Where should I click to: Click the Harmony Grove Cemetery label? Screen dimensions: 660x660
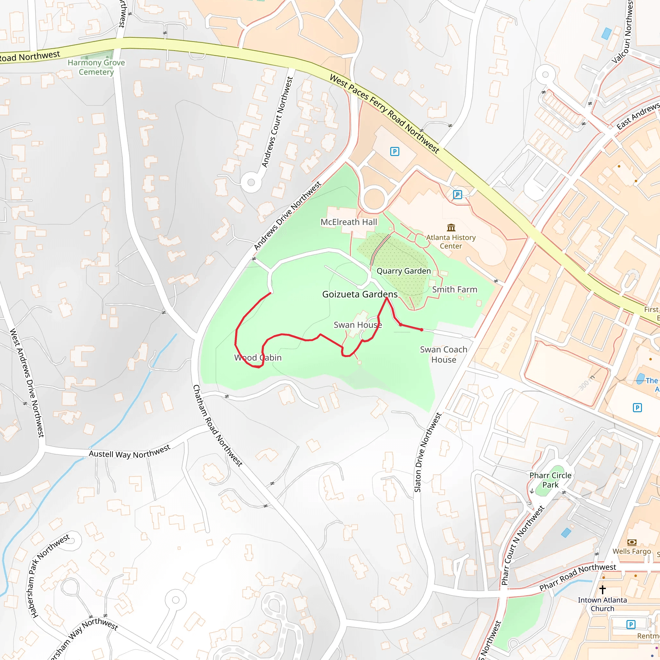(x=96, y=67)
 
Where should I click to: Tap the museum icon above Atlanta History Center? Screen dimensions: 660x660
(x=451, y=227)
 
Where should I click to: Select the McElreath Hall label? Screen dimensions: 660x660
(x=348, y=222)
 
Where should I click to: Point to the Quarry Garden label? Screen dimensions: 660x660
(x=403, y=271)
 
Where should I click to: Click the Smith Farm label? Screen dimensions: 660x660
(x=454, y=289)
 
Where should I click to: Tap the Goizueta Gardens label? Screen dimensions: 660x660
(x=360, y=294)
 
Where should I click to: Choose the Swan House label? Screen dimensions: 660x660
(x=358, y=325)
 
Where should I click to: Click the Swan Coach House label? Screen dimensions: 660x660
(x=443, y=354)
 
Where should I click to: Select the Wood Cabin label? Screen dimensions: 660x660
(x=258, y=358)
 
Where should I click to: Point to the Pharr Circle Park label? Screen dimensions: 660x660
(x=550, y=480)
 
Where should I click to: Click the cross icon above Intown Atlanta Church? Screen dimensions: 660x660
(x=602, y=589)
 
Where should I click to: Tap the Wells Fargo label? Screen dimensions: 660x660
(x=632, y=551)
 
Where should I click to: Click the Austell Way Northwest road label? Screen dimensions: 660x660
(x=130, y=452)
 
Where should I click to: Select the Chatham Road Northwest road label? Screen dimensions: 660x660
(x=218, y=426)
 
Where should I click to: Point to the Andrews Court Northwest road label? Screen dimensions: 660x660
(x=277, y=122)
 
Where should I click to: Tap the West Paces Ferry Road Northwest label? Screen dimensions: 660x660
(x=384, y=113)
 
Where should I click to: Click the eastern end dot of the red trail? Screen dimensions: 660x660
(x=422, y=330)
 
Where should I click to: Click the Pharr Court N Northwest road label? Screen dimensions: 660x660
(x=522, y=545)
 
